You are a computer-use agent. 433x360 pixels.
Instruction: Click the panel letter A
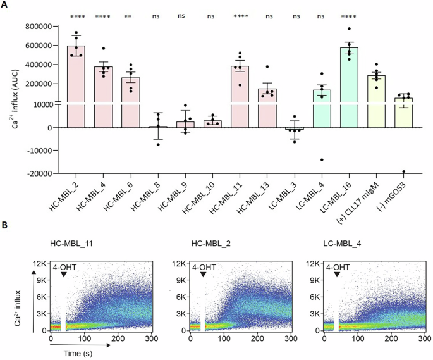tap(7, 6)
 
